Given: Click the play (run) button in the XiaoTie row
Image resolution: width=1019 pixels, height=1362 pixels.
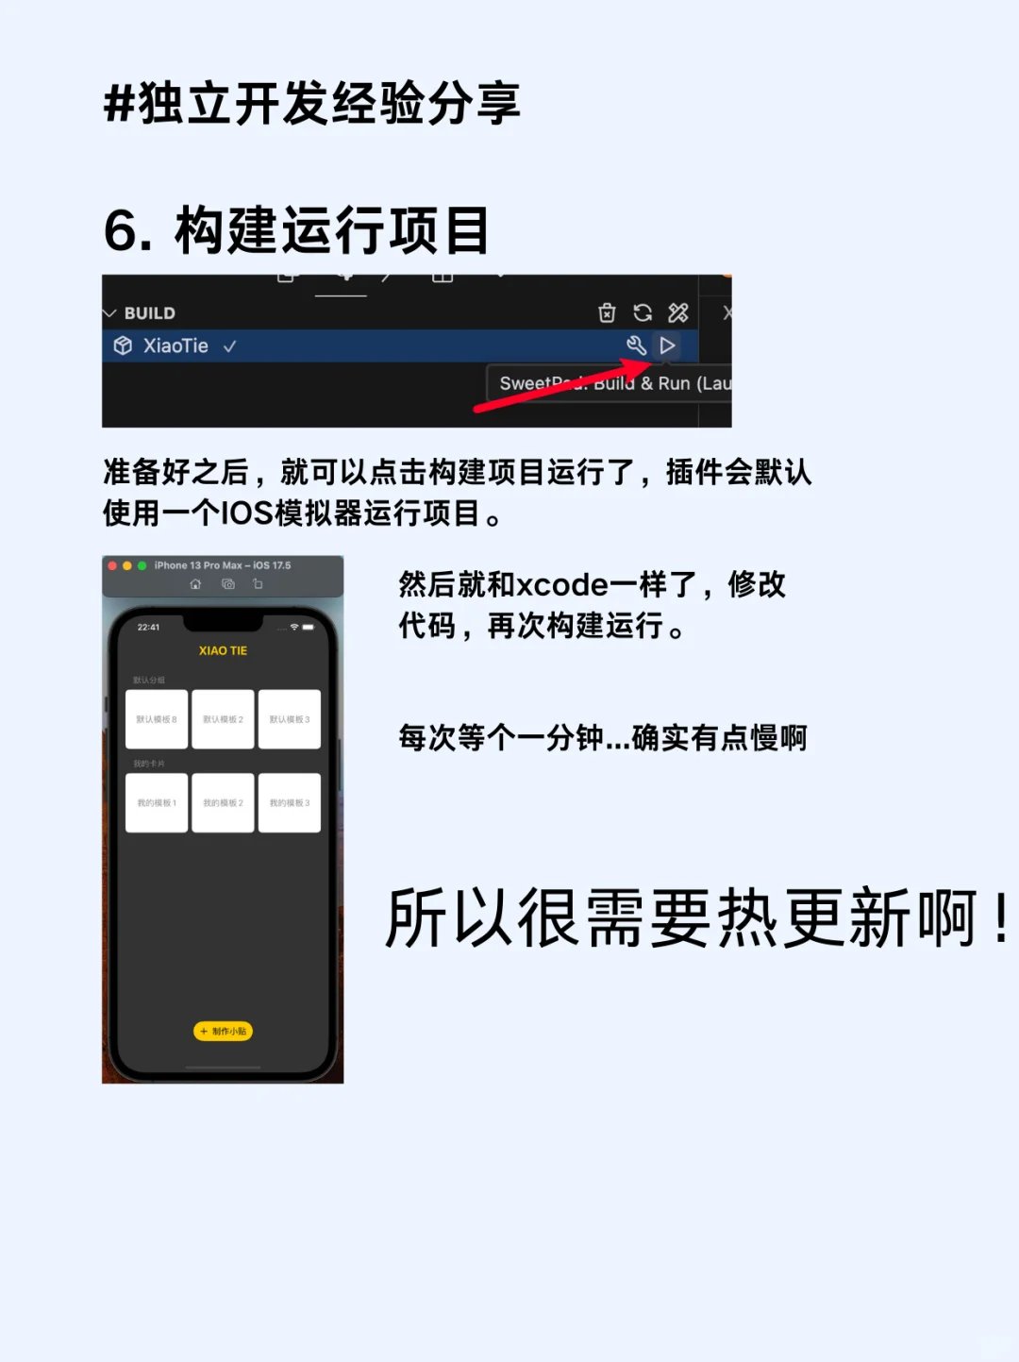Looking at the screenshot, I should [x=667, y=345].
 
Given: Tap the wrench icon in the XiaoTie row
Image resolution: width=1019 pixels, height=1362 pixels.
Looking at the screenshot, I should [x=637, y=345].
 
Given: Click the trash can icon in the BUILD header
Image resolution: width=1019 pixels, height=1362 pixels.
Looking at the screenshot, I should [x=607, y=312].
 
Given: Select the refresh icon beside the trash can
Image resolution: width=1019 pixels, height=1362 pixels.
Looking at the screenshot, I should [x=643, y=312].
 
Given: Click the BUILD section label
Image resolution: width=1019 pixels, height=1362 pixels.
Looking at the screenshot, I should [x=149, y=313].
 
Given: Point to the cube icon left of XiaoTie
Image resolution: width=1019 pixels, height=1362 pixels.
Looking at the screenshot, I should [x=123, y=345].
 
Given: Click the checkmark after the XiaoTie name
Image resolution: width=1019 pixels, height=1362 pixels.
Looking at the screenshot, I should [x=229, y=346].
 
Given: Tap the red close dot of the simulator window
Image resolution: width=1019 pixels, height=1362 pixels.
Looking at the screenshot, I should [x=112, y=565].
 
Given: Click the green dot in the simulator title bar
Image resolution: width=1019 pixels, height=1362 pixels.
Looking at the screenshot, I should [x=142, y=565].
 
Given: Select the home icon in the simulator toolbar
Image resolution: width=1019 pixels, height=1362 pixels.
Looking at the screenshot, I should [x=195, y=584].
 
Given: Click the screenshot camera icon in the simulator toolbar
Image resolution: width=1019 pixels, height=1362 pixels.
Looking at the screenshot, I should [x=227, y=584].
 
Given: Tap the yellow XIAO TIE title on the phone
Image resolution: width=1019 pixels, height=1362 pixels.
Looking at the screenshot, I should [x=223, y=650].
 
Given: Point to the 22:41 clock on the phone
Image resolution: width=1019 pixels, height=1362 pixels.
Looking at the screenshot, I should [x=148, y=627].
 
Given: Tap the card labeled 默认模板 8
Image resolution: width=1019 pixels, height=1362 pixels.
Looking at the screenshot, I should [x=157, y=719].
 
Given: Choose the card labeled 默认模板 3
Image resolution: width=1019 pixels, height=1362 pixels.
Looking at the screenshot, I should [x=290, y=719].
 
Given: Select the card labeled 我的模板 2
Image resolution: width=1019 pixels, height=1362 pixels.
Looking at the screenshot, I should [x=223, y=802].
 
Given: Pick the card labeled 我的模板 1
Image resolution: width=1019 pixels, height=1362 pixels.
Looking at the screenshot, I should [x=157, y=802].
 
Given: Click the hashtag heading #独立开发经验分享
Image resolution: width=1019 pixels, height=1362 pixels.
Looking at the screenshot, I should [x=311, y=103].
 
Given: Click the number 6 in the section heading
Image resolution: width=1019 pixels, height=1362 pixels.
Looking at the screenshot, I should [x=122, y=230].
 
